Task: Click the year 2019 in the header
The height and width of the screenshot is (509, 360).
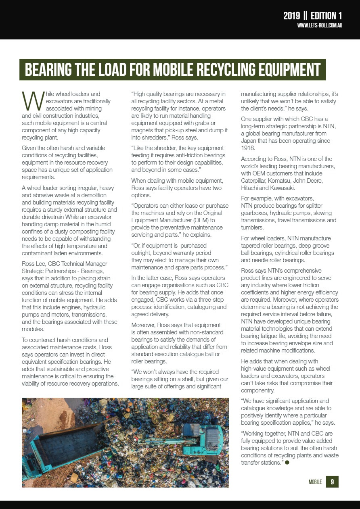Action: click(291, 16)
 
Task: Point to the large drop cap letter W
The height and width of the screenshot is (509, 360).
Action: click(31, 101)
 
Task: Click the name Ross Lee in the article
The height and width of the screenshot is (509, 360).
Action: click(33, 264)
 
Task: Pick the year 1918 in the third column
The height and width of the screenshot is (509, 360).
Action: click(248, 148)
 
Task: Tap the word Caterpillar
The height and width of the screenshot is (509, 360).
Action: click(253, 180)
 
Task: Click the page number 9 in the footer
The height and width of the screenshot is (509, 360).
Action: click(332, 482)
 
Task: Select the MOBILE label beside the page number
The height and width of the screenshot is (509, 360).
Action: click(315, 482)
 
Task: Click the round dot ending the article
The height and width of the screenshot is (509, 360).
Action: click(287, 463)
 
